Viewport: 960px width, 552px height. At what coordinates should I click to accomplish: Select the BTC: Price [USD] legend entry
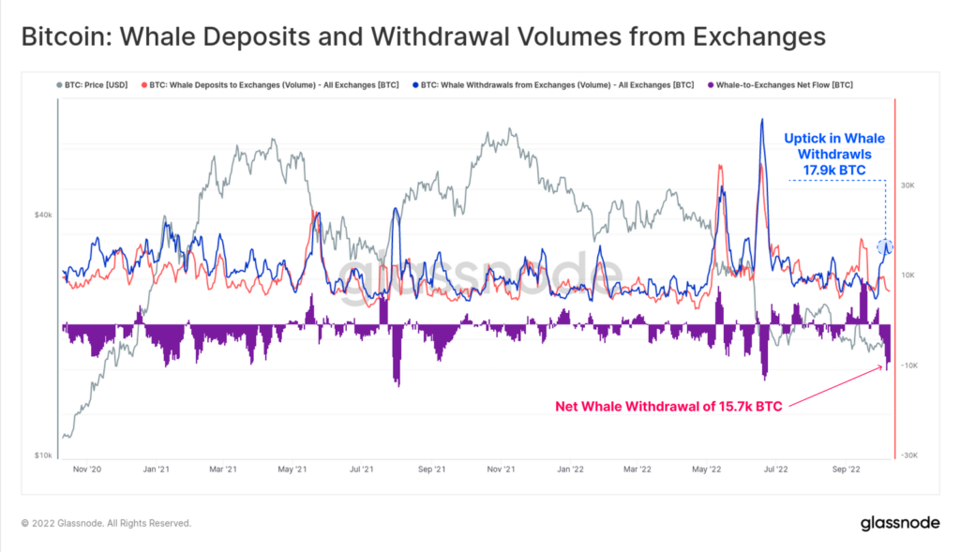tap(94, 84)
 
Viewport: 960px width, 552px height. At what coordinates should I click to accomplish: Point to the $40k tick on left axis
tap(43, 216)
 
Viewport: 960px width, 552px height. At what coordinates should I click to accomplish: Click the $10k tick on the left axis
tap(43, 455)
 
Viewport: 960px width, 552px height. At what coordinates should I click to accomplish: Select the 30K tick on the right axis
tap(907, 186)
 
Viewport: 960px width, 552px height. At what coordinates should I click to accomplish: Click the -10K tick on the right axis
tap(907, 366)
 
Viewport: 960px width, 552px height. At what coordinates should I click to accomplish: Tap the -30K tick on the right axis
tap(907, 455)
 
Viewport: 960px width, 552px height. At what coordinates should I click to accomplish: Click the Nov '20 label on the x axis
tap(86, 469)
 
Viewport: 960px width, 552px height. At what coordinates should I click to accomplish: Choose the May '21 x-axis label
tap(293, 469)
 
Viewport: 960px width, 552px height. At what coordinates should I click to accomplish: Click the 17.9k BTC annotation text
tap(833, 170)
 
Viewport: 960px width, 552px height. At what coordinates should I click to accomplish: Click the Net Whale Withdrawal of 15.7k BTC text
tap(671, 406)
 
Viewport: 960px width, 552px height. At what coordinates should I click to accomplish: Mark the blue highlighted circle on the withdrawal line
tap(885, 247)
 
